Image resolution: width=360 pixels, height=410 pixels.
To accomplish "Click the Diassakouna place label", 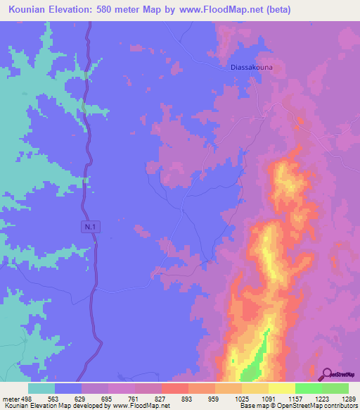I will pos(251,68).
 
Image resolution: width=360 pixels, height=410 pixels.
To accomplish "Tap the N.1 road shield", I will pos(86,226).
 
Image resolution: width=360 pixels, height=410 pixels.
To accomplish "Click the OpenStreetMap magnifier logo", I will pos(328,374).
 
